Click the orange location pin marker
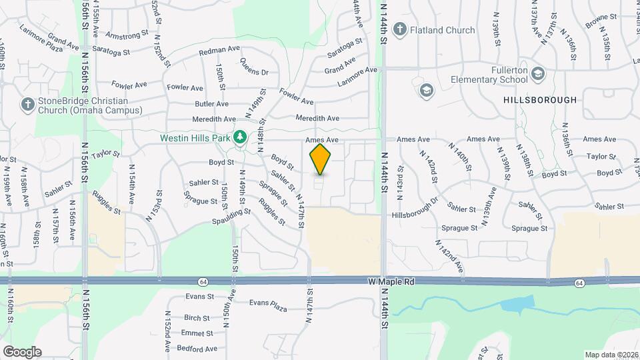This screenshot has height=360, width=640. click(x=321, y=159)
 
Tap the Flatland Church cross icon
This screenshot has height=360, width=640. click(x=399, y=29)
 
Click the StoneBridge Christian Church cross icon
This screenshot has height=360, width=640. click(x=27, y=104)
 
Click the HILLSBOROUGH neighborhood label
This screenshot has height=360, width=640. click(x=540, y=100)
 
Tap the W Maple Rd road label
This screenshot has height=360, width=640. click(x=392, y=282)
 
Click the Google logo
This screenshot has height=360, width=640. click(x=22, y=351)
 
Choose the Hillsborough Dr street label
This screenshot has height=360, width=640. click(x=415, y=207)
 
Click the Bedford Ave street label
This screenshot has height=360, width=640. click(x=197, y=348)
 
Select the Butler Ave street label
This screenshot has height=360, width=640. click(x=212, y=104)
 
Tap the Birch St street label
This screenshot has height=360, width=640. click(x=197, y=318)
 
